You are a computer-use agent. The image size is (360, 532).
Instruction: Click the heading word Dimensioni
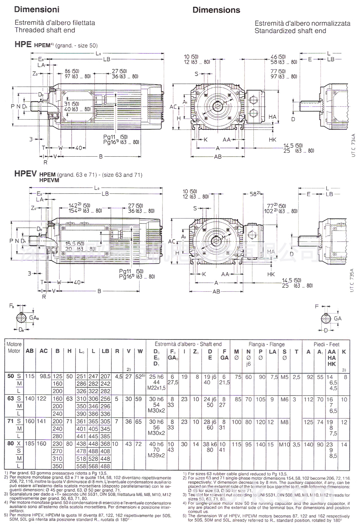(37, 10)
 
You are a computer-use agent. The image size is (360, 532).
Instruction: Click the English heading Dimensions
(216, 10)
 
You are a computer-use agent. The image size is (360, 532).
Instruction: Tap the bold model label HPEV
(25, 174)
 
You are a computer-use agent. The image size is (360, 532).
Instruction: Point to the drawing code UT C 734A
(353, 145)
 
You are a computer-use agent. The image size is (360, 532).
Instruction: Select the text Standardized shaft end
(290, 31)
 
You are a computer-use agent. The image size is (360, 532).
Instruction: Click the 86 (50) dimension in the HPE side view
(72, 71)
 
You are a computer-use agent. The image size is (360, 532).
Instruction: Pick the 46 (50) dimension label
(278, 57)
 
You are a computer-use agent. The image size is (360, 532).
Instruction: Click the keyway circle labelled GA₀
(22, 318)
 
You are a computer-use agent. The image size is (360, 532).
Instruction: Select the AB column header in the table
(30, 351)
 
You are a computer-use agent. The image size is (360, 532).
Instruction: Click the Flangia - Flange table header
(266, 344)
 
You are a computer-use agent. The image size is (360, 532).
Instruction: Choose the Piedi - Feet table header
(326, 344)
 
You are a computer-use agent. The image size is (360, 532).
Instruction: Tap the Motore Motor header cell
(14, 348)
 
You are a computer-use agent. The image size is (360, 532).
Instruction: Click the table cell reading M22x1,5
(156, 388)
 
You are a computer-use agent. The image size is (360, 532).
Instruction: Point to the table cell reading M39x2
(156, 455)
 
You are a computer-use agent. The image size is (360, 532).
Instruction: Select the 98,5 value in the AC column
(44, 376)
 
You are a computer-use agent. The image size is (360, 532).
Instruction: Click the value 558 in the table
(81, 466)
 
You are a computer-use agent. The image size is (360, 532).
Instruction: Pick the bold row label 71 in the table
(11, 421)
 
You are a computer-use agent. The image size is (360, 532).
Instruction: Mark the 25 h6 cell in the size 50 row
(156, 377)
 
